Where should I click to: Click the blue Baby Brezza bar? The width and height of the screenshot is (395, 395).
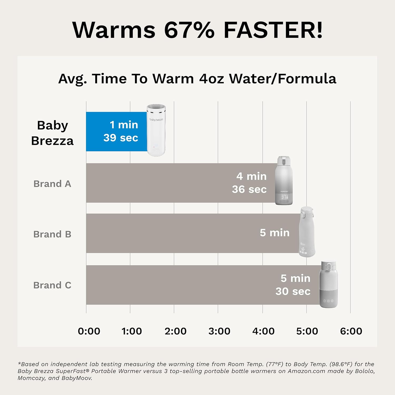pos(116,131)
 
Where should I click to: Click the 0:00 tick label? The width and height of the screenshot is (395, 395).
pos(89,331)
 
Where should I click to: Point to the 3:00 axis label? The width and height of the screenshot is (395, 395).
pos(219,331)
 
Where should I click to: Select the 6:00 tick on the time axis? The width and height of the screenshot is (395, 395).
pos(351,331)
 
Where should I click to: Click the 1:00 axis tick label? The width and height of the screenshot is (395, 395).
pos(132,331)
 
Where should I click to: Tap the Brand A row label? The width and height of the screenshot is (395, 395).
pos(52,184)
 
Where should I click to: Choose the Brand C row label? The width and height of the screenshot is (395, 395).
pos(52,285)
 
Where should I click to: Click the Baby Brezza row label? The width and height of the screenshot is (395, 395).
pos(52,133)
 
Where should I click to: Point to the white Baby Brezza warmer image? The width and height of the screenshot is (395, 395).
pos(156,130)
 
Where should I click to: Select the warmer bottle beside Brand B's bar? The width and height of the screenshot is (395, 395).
pos(307,232)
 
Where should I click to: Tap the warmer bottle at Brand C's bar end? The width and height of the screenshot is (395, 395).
pos(328,284)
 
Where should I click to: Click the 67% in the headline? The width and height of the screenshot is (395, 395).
pos(189,30)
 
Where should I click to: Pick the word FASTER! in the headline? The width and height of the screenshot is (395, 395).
pos(273,30)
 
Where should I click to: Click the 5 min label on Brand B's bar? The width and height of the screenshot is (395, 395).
pos(274,233)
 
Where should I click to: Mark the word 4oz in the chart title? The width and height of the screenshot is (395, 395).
pos(211,78)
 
